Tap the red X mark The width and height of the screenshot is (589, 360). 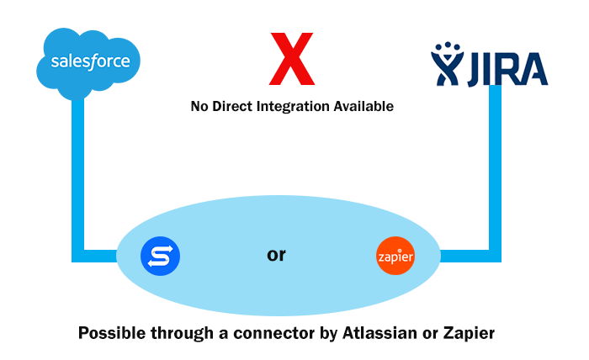pyautogui.click(x=291, y=59)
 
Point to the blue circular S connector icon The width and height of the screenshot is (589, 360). pyautogui.click(x=160, y=255)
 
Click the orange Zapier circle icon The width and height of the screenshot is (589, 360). pyautogui.click(x=395, y=256)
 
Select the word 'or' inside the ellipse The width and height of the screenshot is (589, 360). pyautogui.click(x=276, y=254)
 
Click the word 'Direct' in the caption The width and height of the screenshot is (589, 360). pyautogui.click(x=231, y=107)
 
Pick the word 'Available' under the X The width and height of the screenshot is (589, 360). pyautogui.click(x=363, y=107)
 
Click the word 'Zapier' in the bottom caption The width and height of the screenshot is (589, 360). pyautogui.click(x=468, y=332)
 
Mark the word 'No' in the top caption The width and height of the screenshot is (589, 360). pyautogui.click(x=199, y=107)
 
